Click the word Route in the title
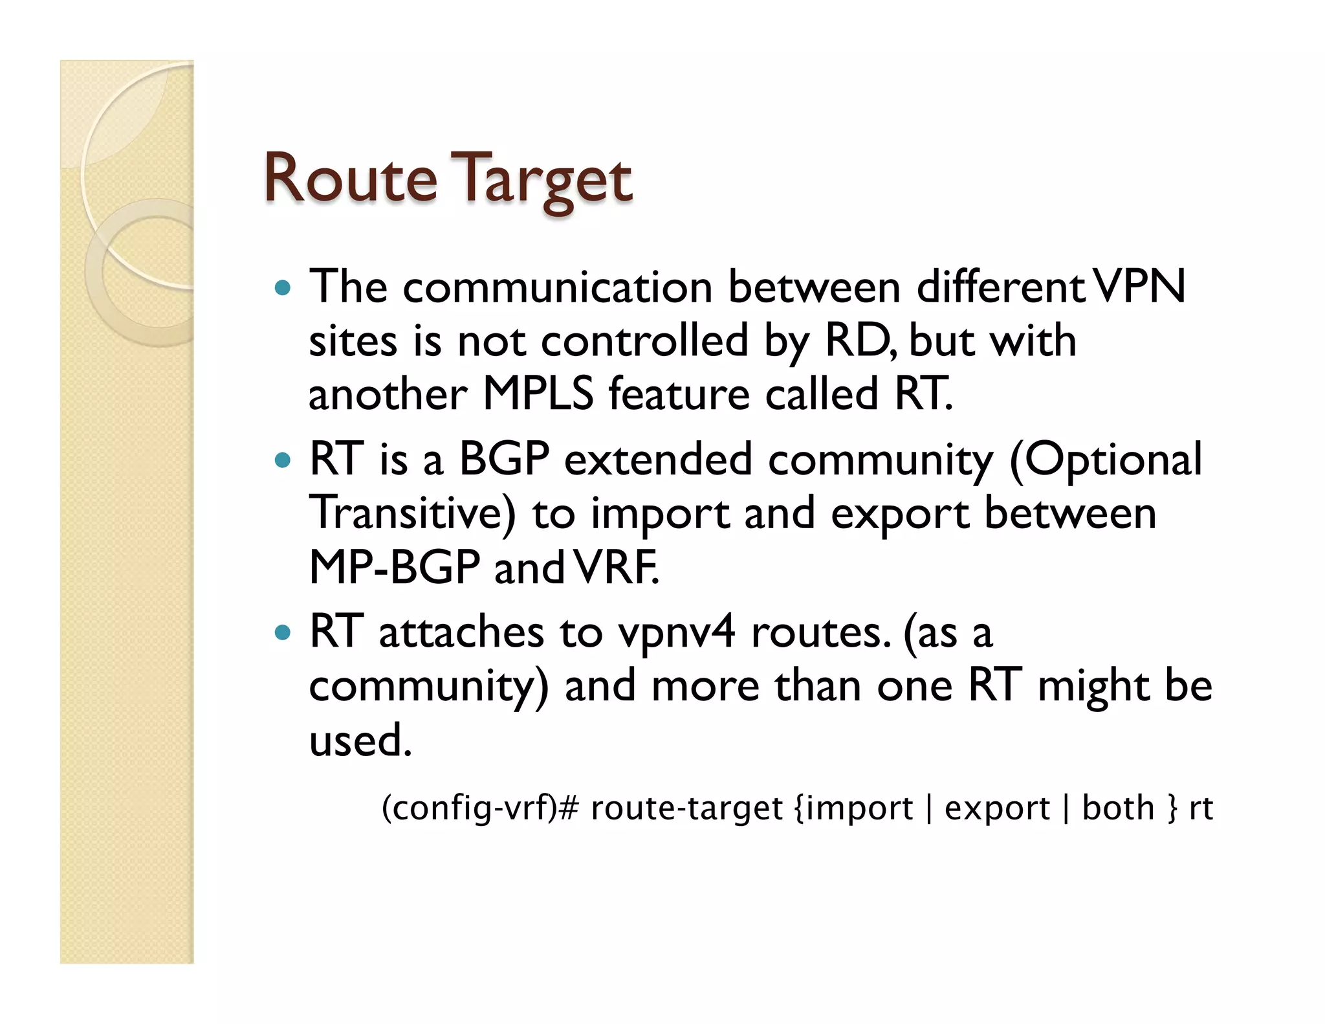350,179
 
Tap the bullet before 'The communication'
283,287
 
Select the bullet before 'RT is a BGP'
283,460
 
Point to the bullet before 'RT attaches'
283,632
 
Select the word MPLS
538,394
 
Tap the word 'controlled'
644,340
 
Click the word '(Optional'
1105,460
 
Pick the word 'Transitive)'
413,513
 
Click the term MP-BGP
394,568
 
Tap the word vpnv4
676,633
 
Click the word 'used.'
360,740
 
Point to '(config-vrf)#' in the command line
479,808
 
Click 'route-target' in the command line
686,808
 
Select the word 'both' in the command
1118,808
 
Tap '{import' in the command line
853,808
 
